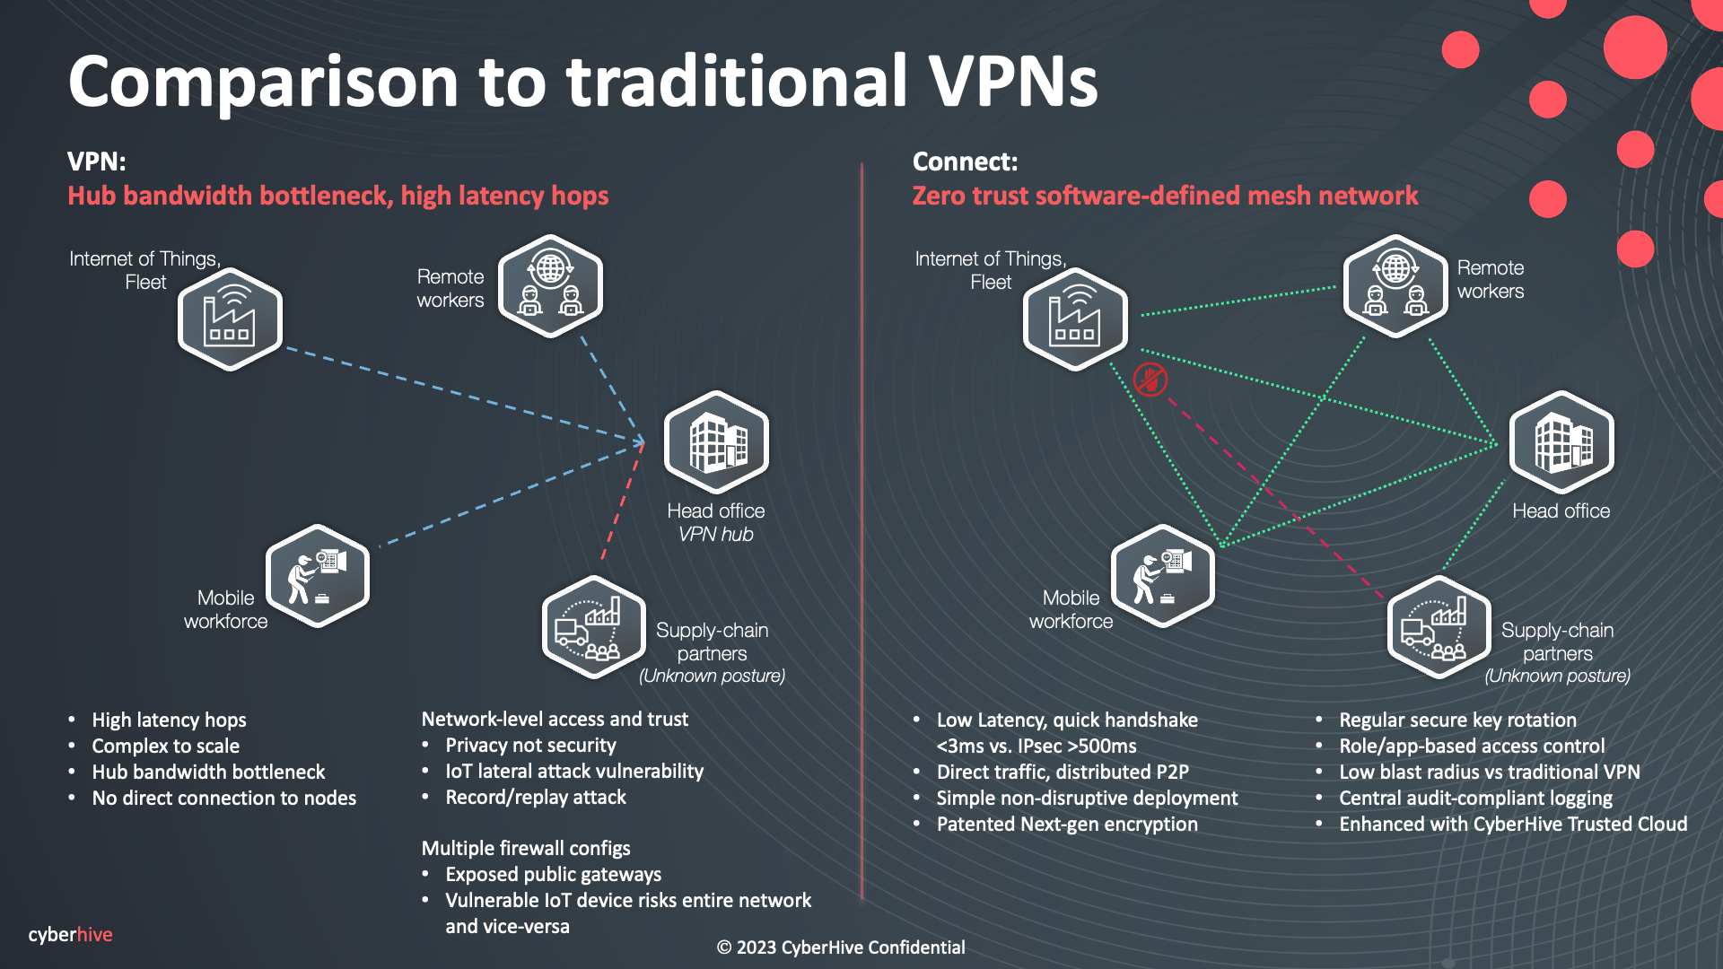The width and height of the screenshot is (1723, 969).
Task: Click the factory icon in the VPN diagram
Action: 230,319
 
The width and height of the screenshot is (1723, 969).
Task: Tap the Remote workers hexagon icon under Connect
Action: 1395,286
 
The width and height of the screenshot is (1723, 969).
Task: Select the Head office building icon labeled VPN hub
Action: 716,442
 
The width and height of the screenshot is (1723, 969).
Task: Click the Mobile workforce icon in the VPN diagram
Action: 318,576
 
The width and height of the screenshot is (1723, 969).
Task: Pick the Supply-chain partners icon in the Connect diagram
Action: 1439,628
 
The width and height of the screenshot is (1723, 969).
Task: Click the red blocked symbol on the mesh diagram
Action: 1150,380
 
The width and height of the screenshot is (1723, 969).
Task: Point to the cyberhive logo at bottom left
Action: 70,934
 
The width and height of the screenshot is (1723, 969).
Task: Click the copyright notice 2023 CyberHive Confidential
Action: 841,947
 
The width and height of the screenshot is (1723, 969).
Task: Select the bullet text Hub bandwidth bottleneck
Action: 208,772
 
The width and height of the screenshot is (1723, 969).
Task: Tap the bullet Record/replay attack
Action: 536,797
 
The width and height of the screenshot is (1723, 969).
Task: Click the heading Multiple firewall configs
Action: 526,848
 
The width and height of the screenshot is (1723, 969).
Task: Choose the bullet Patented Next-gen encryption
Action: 1067,824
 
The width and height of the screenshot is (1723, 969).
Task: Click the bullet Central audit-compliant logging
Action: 1475,798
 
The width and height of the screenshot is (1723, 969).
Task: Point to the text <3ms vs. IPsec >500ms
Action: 1036,746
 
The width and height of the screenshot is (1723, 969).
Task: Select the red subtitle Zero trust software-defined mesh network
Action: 1165,196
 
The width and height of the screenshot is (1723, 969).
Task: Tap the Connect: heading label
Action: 965,161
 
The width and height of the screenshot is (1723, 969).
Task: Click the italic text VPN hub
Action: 715,534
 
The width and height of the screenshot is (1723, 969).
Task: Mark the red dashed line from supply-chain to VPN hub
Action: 623,502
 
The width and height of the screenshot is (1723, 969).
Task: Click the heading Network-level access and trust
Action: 555,719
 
